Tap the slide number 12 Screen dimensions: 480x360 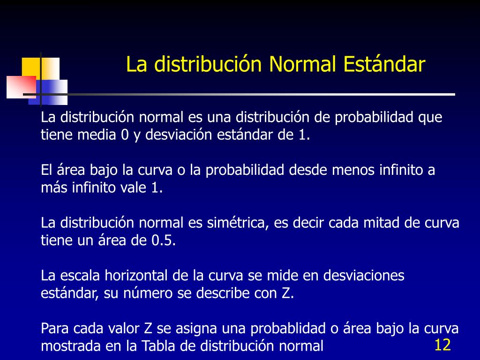point(442,345)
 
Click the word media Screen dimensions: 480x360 point(97,135)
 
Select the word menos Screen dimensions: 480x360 point(353,170)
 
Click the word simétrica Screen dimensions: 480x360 point(238,223)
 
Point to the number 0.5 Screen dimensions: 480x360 point(164,240)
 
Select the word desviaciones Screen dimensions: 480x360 point(364,276)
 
